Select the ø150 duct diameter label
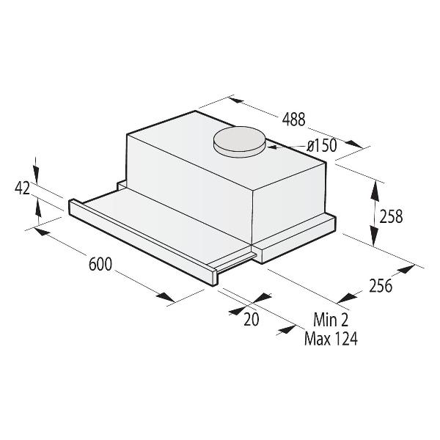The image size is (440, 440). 321,146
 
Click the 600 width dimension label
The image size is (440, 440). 100,265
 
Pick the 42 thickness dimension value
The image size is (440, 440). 21,188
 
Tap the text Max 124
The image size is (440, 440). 330,340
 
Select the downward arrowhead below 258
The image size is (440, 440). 375,240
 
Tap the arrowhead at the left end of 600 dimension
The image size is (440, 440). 40,233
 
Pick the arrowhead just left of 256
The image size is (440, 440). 349,297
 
